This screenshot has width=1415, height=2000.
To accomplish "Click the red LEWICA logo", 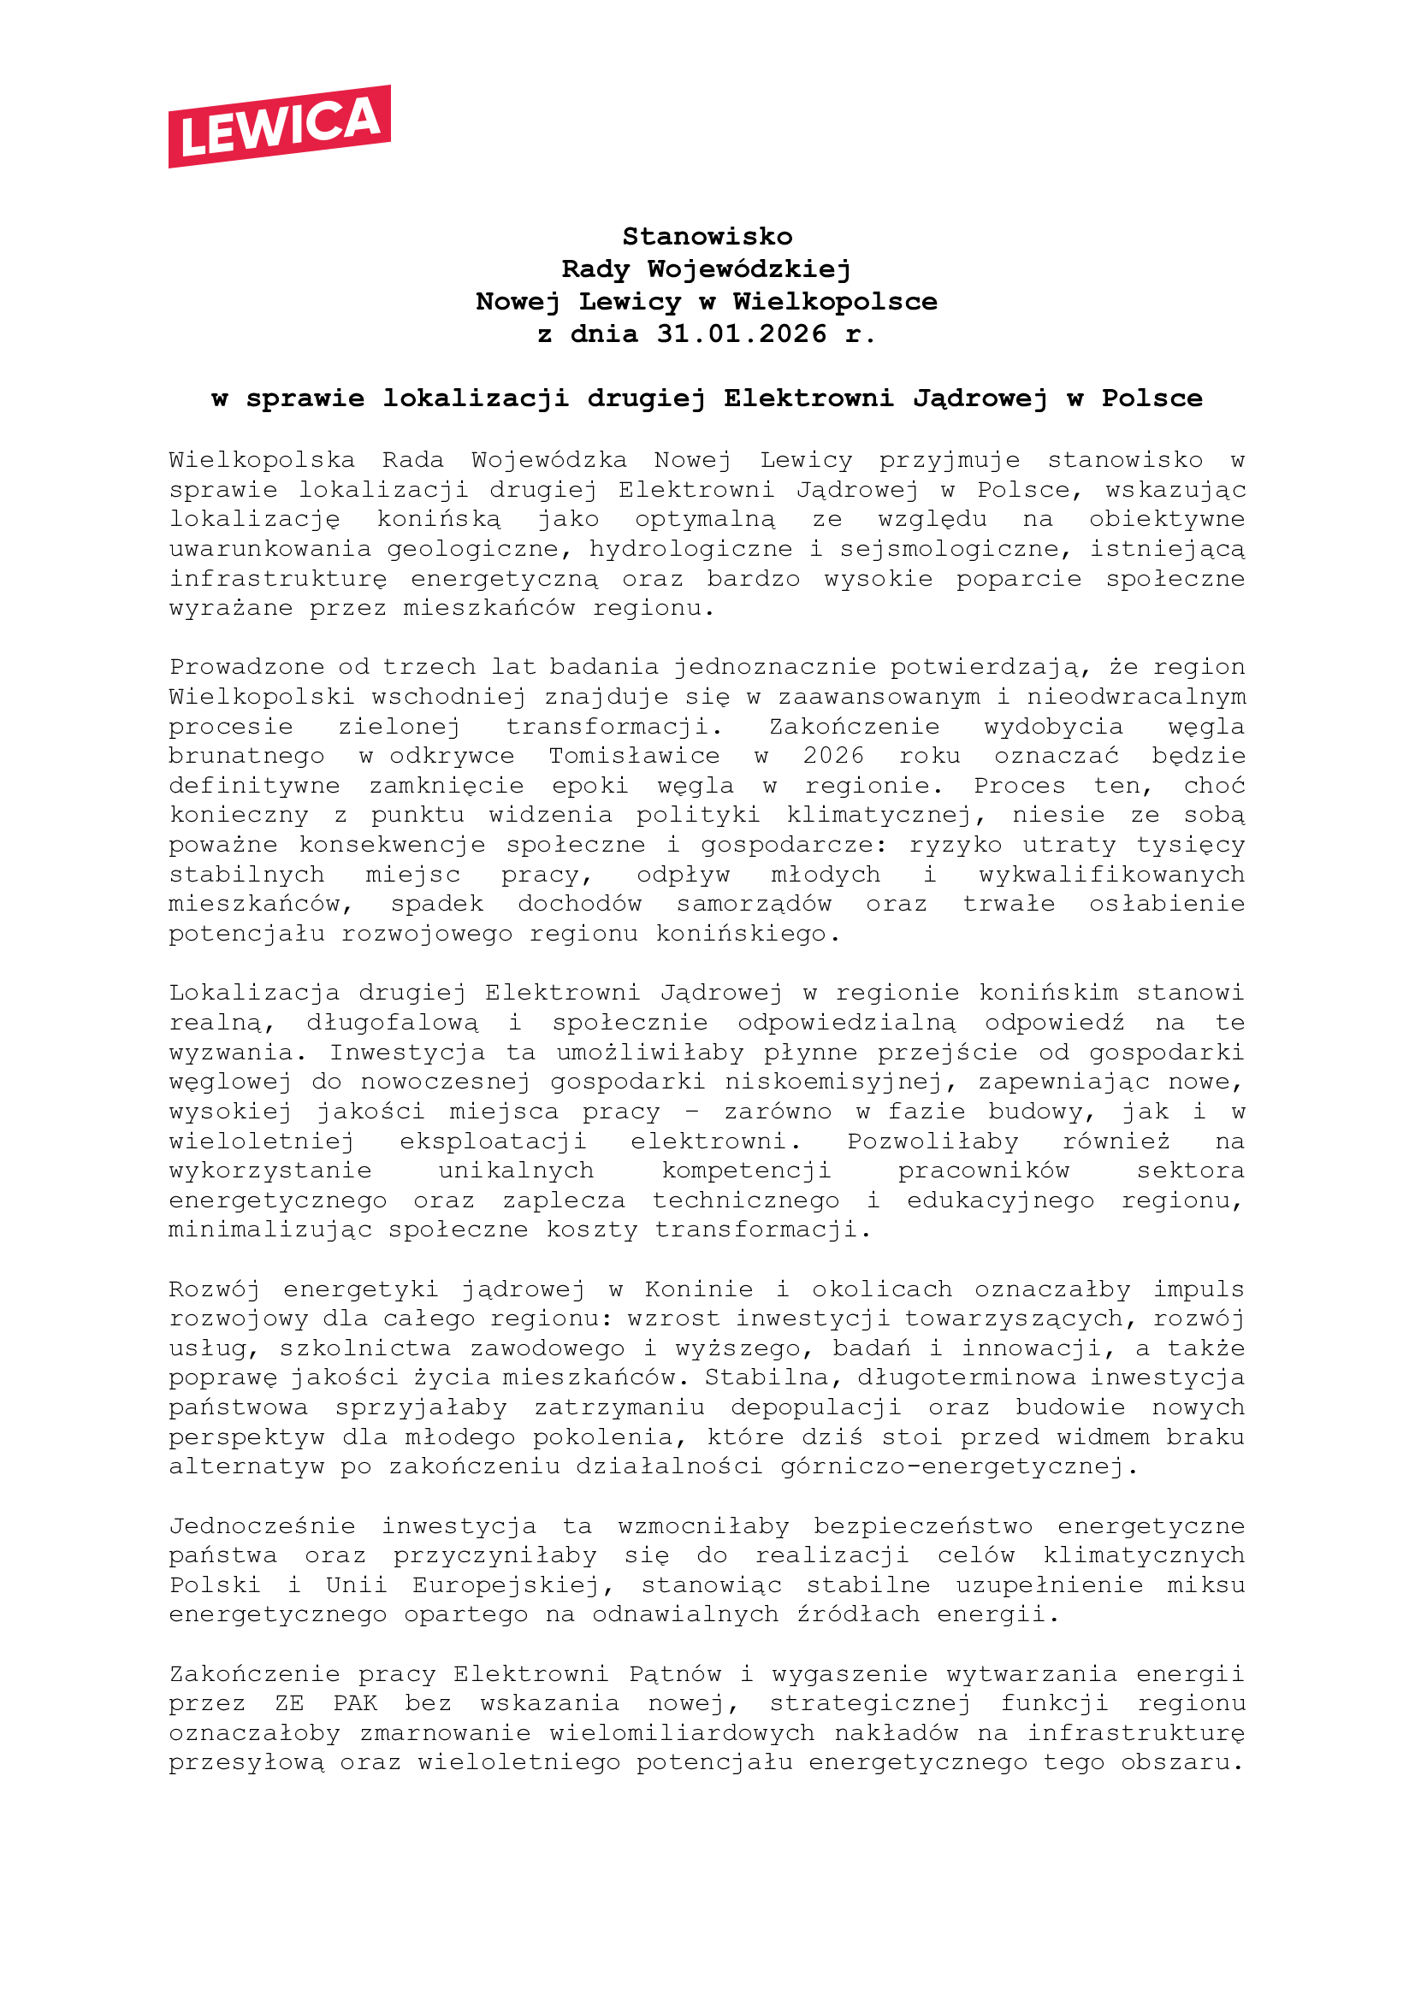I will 279,127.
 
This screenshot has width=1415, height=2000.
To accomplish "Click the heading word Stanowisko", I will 707,236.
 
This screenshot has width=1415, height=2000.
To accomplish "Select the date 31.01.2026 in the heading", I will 742,333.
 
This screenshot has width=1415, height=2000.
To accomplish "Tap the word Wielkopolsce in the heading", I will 835,301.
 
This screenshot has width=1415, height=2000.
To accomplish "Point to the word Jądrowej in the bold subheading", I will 980,398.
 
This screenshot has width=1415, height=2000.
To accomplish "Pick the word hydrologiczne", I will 691,549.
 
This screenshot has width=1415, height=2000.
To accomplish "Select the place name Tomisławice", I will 634,755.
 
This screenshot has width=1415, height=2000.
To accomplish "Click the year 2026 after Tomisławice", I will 833,755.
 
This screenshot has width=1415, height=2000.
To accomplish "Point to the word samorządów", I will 754,903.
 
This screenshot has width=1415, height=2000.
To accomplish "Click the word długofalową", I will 392,1023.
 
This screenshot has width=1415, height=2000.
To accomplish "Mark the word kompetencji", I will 746,1171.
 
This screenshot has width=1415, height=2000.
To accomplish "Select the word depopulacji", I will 815,1407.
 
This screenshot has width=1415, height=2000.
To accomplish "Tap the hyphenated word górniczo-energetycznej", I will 950,1467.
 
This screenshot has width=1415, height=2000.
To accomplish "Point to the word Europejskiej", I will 506,1585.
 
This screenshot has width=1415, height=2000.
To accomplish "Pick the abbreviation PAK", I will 356,1704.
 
